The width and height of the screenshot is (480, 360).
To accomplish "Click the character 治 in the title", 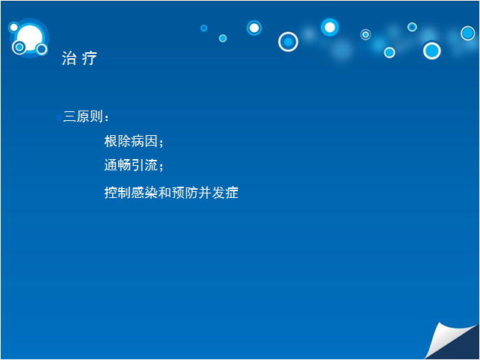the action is coord(70,58).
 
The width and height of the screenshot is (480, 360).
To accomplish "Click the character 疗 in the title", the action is coord(90,58).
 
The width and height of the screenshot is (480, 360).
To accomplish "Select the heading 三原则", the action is coord(83,117).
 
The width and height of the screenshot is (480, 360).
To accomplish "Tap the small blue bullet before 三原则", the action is coord(59,117).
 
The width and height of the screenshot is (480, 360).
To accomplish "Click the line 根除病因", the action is coord(131,141).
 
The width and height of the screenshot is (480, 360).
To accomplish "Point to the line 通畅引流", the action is coord(131,165).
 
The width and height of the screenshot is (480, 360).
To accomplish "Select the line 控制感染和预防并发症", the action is coord(171,193).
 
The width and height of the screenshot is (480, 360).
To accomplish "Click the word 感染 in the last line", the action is coord(144,193).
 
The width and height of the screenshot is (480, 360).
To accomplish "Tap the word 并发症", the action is coord(218,193).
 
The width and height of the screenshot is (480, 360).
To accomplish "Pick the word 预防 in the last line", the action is coord(185,193).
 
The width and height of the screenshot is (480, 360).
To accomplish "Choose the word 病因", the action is coord(144,141).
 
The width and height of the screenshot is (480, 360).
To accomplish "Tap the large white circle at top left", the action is coord(30,38).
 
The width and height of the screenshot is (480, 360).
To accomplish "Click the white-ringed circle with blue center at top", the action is coord(288,42).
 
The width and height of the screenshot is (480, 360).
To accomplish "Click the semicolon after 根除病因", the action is coord(161,143).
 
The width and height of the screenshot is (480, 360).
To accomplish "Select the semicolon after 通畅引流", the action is coord(161,167).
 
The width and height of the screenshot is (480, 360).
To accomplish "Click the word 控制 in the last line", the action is coord(117,193).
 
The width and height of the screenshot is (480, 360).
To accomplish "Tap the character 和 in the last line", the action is coord(164,193).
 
